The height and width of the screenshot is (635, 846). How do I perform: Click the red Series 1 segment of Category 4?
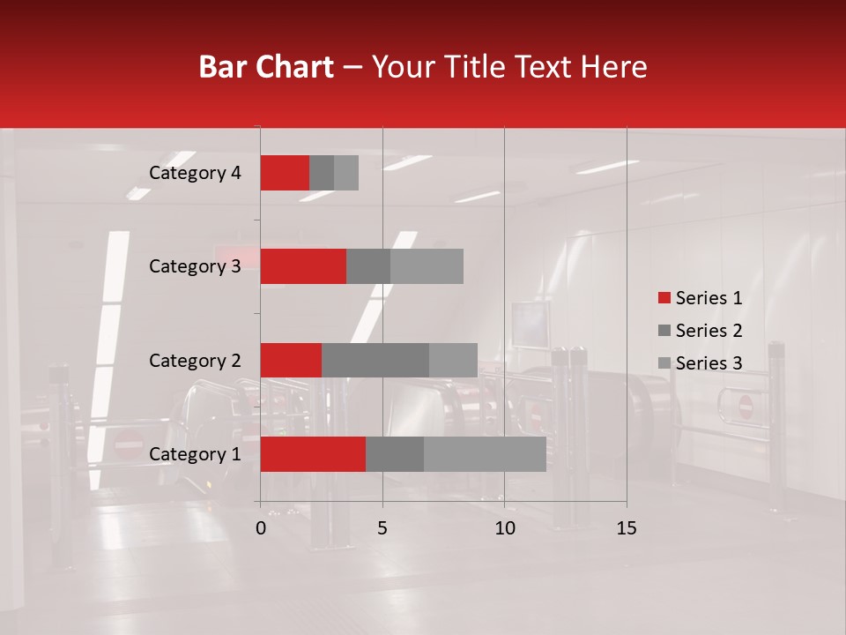pyautogui.click(x=285, y=173)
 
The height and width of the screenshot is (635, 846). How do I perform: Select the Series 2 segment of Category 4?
pyautogui.click(x=322, y=173)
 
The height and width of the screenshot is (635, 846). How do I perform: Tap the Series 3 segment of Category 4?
pyautogui.click(x=346, y=173)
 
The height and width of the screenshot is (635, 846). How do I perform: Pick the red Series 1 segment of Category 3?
pyautogui.click(x=303, y=266)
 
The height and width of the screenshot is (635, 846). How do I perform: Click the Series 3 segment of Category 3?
pyautogui.click(x=427, y=266)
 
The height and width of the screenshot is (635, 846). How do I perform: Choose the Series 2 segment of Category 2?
pyautogui.click(x=375, y=360)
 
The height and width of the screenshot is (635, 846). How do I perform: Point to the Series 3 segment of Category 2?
pyautogui.click(x=453, y=360)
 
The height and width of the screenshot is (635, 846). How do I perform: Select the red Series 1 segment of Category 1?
pyautogui.click(x=313, y=454)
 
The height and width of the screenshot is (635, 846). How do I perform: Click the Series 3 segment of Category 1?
pyautogui.click(x=485, y=454)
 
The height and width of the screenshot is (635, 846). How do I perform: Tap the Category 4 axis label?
pyautogui.click(x=195, y=173)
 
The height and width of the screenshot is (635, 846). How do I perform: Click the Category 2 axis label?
pyautogui.click(x=195, y=361)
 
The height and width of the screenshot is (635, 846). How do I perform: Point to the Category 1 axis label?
pyautogui.click(x=195, y=454)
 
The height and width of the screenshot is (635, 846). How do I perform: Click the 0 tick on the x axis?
pyautogui.click(x=261, y=528)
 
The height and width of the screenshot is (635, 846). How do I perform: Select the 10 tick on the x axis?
pyautogui.click(x=504, y=528)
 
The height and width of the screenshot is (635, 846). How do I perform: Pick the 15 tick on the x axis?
pyautogui.click(x=626, y=528)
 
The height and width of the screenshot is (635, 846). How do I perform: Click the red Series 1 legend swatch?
pyautogui.click(x=664, y=298)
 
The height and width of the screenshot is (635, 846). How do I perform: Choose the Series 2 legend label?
pyautogui.click(x=709, y=331)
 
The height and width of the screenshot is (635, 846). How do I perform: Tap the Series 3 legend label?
pyautogui.click(x=709, y=363)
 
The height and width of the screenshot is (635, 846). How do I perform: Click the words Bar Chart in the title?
pyautogui.click(x=266, y=67)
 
